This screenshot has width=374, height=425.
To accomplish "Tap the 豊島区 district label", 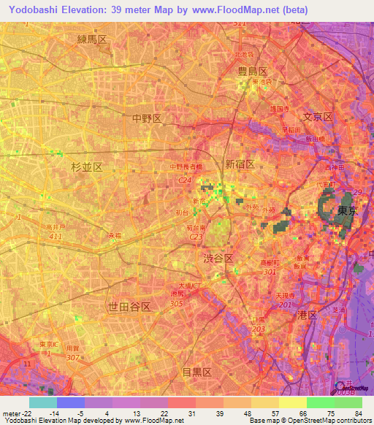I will (253, 71).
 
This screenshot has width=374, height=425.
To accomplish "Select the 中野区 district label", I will (146, 118).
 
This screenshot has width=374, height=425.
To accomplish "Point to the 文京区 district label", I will (318, 117).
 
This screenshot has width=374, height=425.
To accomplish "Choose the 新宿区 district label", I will (240, 164).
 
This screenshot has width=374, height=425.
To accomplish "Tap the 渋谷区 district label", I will (218, 259).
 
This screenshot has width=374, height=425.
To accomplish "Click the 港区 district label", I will (307, 314).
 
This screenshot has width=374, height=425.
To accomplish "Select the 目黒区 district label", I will (196, 372).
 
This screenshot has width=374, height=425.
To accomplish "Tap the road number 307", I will (72, 357).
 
